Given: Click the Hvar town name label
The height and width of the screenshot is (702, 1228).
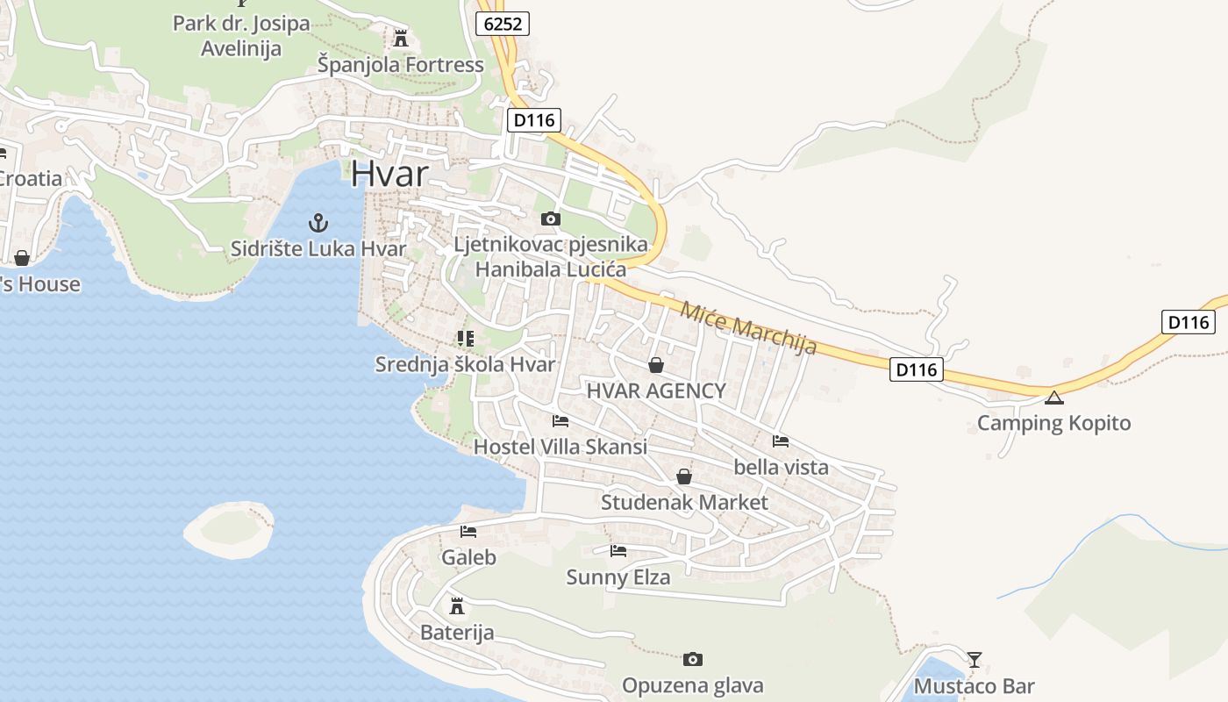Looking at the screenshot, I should [x=389, y=174].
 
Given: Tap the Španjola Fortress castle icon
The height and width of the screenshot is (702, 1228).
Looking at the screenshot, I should [x=401, y=38].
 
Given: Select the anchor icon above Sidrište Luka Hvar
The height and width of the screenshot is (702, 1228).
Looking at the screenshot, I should [x=318, y=222].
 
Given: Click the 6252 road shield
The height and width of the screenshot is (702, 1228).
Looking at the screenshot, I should [x=503, y=24].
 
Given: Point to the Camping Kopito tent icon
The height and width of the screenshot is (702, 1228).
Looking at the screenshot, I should [x=1053, y=398].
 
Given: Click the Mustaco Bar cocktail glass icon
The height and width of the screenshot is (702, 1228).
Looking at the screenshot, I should [x=974, y=659].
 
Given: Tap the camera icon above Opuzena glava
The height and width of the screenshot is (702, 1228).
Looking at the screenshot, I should [x=692, y=659].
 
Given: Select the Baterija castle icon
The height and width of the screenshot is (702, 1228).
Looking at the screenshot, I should [x=456, y=605].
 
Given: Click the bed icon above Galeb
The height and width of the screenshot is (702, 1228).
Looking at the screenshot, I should [x=468, y=531].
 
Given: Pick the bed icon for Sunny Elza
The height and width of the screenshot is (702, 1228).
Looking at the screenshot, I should [x=618, y=551].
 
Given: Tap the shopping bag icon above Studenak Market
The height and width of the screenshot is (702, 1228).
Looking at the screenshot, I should [x=684, y=476].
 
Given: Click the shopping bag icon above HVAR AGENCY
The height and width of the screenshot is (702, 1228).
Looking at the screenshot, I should [x=655, y=365].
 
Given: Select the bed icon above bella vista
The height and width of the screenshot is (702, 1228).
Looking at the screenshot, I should [x=781, y=441].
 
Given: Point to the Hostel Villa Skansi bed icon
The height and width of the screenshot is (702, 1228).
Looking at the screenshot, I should [x=560, y=421].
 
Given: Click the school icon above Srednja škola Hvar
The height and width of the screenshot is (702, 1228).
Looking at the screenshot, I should [x=465, y=338].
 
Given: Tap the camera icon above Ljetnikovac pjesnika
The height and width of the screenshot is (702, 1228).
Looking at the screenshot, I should [x=550, y=218].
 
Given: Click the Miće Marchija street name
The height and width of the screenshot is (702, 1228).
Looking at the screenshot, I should [x=748, y=327].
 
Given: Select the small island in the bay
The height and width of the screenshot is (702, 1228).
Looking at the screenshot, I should [x=229, y=529].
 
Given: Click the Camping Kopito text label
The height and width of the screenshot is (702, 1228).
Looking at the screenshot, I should [x=1053, y=423].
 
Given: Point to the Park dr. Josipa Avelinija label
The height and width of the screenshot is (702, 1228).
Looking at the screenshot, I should [x=241, y=35].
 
